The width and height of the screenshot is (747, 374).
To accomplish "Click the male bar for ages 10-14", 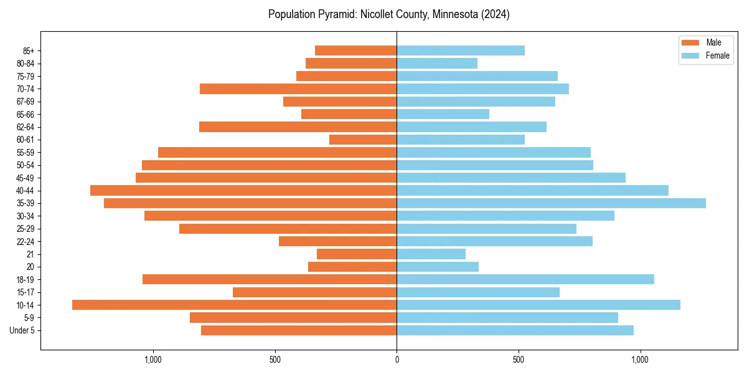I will pos(234,305).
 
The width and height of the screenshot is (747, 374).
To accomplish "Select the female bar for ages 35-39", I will pos(551,203).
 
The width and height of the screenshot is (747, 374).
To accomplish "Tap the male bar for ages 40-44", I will pos(243,190).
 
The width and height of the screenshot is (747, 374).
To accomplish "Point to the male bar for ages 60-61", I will pos(363,140).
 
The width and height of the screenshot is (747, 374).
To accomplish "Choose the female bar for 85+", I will pos(461,50).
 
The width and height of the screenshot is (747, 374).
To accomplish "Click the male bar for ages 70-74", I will pos(298,89).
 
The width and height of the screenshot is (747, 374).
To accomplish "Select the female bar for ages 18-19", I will pos(525,279).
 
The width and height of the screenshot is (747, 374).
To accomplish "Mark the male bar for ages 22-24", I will pos(337,241).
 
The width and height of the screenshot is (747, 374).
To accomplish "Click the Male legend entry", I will pos(713,42).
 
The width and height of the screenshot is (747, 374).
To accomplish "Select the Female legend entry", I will pos(717,55).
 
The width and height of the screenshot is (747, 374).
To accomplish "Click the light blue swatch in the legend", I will pos(690,55).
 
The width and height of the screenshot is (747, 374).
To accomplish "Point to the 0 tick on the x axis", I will pos(397,360).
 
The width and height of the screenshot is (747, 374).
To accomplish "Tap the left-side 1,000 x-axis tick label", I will pos(153,360).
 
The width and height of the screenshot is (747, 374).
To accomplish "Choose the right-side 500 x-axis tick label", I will pos(519,360).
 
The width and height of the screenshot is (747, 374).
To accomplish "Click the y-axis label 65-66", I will pos(26,114).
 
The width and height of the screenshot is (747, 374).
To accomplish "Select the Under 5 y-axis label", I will pos(22,330).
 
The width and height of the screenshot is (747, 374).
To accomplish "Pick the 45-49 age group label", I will pos(26,178).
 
